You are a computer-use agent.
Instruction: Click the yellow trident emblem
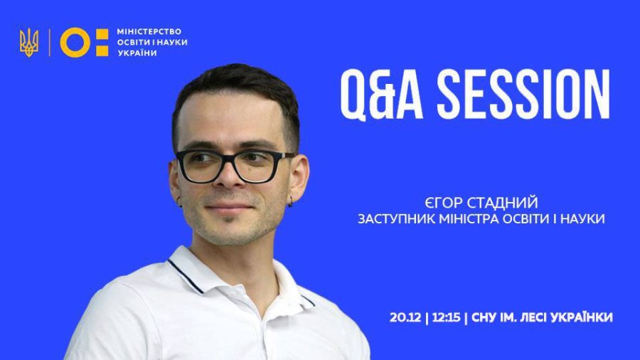point(29,43)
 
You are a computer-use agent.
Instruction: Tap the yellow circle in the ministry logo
point(75,43)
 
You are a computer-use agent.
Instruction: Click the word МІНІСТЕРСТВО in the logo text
point(149,31)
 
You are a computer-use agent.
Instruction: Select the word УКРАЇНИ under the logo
point(137,53)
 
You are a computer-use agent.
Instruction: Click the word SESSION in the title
point(523,95)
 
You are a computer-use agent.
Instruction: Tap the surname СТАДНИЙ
point(503,203)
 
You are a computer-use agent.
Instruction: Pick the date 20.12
point(405,317)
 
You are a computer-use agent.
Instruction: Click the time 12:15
point(446,317)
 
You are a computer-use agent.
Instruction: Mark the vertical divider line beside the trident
point(50,43)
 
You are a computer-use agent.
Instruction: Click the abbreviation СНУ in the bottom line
point(484,317)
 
